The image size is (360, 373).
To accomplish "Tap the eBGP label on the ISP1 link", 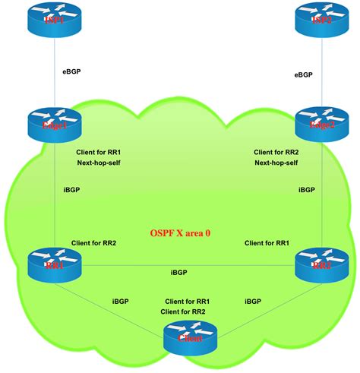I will coord(72,72).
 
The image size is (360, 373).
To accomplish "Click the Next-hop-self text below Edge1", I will coord(100,163).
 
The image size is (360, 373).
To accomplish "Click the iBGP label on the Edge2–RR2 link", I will coord(307,190).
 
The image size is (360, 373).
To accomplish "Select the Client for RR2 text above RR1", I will coord(93,243).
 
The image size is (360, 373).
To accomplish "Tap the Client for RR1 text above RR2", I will coord(267,243).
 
